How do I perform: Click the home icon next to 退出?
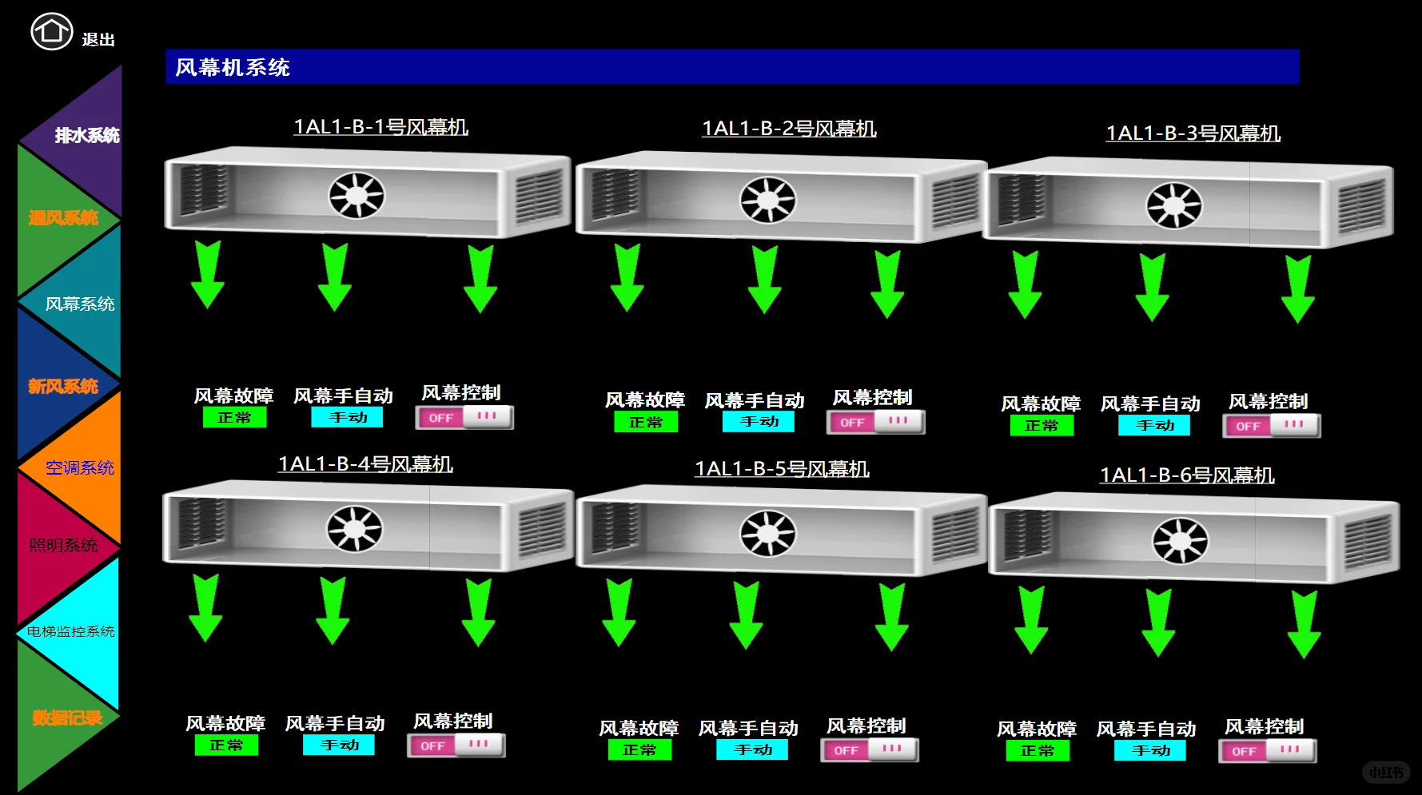pyautogui.click(x=51, y=32)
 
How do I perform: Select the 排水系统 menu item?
pyautogui.click(x=86, y=135)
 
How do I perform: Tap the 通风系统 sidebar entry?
pyautogui.click(x=63, y=217)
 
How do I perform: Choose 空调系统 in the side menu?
pyautogui.click(x=79, y=467)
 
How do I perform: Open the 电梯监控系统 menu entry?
pyautogui.click(x=70, y=631)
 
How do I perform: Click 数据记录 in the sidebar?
pyautogui.click(x=67, y=717)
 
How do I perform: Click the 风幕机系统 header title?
pyautogui.click(x=233, y=67)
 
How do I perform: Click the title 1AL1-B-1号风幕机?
pyautogui.click(x=380, y=127)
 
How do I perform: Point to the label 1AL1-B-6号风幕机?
pyautogui.click(x=1186, y=475)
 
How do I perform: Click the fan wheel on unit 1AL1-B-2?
pyautogui.click(x=767, y=200)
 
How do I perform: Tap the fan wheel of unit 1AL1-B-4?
pyautogui.click(x=354, y=529)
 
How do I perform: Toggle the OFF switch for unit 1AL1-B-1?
pyautogui.click(x=464, y=417)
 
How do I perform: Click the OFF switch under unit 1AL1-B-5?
pyautogui.click(x=870, y=750)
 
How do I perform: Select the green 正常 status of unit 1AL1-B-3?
pyautogui.click(x=1041, y=426)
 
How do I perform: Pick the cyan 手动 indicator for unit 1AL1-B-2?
pyautogui.click(x=758, y=422)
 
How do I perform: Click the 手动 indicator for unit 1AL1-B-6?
pyautogui.click(x=1150, y=751)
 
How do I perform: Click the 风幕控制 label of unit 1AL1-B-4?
pyautogui.click(x=452, y=721)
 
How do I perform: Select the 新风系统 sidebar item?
pyautogui.click(x=63, y=387)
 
